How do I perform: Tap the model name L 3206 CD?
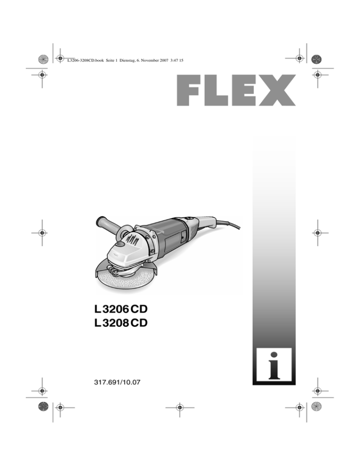click(x=120, y=309)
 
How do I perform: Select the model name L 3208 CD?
click(x=120, y=323)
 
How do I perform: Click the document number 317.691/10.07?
click(x=117, y=382)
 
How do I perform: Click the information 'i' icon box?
click(x=274, y=366)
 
